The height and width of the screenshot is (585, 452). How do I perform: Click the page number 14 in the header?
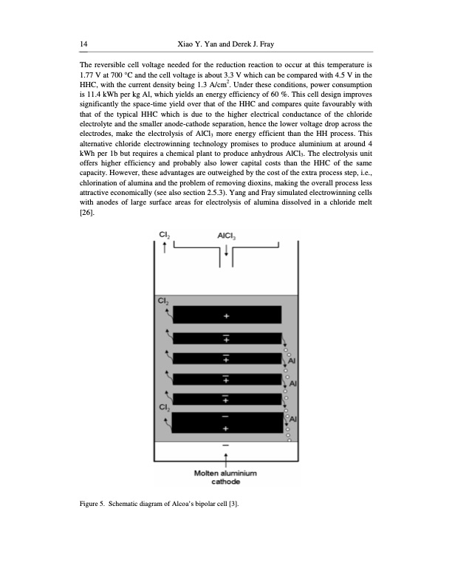pyautogui.click(x=83, y=45)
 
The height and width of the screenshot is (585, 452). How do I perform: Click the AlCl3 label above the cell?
pyautogui.click(x=226, y=236)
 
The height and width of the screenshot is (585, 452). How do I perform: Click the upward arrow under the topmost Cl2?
pyautogui.click(x=164, y=248)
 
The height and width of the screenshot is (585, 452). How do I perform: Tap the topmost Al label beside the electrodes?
pyautogui.click(x=292, y=360)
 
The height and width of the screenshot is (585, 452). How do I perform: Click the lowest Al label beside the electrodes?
pyautogui.click(x=292, y=419)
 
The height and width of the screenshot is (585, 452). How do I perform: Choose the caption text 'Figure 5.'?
pyautogui.click(x=93, y=504)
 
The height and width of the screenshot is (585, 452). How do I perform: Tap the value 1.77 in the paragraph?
pyautogui.click(x=86, y=76)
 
